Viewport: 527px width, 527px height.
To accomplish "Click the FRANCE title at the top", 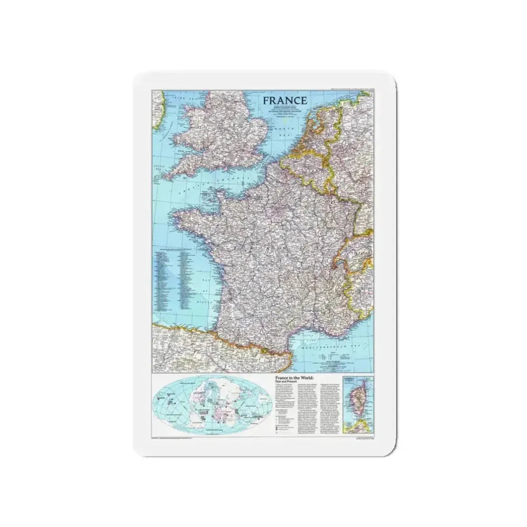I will click(285, 101).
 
